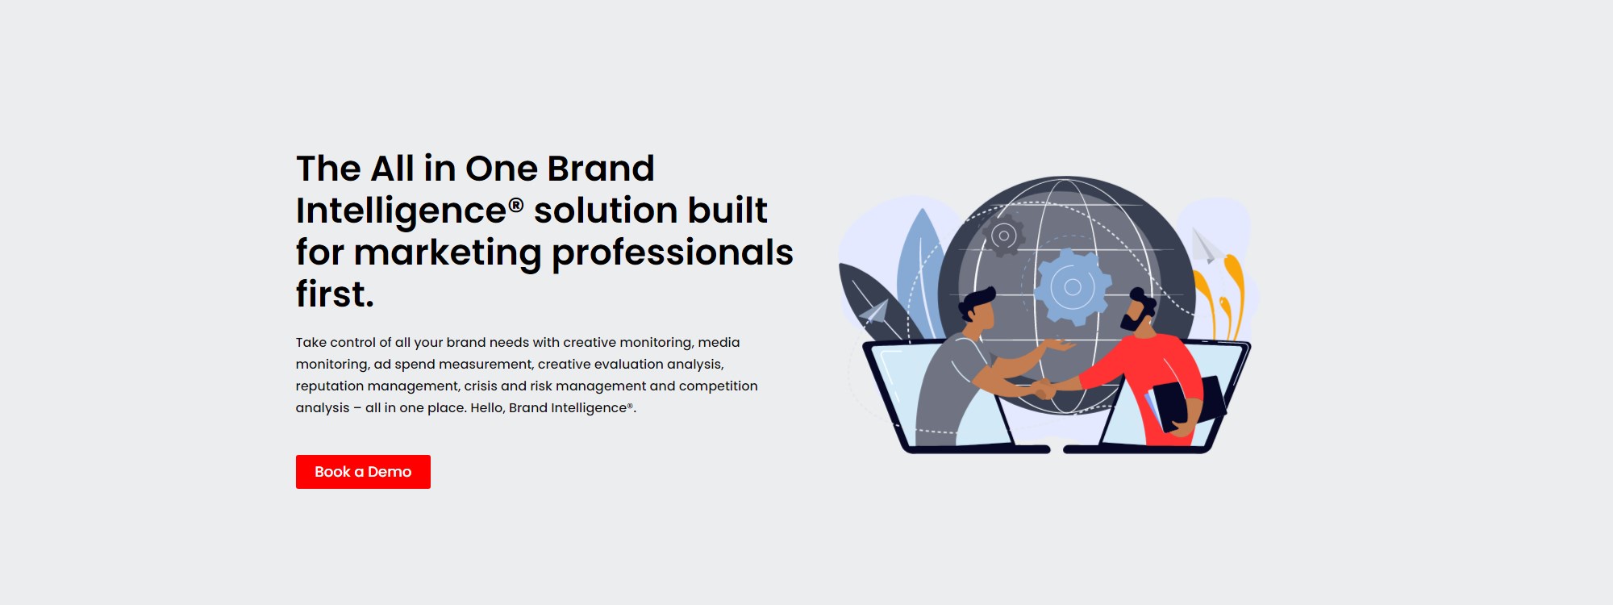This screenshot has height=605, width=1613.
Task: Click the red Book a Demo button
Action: click(x=363, y=472)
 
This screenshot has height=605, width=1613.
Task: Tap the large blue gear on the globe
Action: click(x=1072, y=286)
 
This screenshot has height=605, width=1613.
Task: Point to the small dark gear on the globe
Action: click(x=1004, y=236)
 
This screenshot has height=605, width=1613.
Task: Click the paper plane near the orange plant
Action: click(x=1204, y=246)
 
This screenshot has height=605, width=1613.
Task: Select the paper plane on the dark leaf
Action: click(x=873, y=312)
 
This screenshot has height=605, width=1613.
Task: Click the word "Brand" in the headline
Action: click(x=601, y=169)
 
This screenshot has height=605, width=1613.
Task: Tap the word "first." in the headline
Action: click(x=335, y=294)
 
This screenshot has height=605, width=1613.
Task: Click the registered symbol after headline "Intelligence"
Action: click(x=516, y=205)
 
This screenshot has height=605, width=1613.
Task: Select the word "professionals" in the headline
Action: click(x=673, y=253)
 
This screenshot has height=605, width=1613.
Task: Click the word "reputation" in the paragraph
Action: click(x=330, y=386)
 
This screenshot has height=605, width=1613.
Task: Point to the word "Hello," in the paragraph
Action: click(x=488, y=407)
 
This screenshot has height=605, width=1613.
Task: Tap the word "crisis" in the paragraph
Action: click(x=481, y=386)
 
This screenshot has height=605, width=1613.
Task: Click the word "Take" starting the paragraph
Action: click(x=311, y=342)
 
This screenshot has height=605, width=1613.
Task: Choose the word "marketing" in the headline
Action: click(x=448, y=253)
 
